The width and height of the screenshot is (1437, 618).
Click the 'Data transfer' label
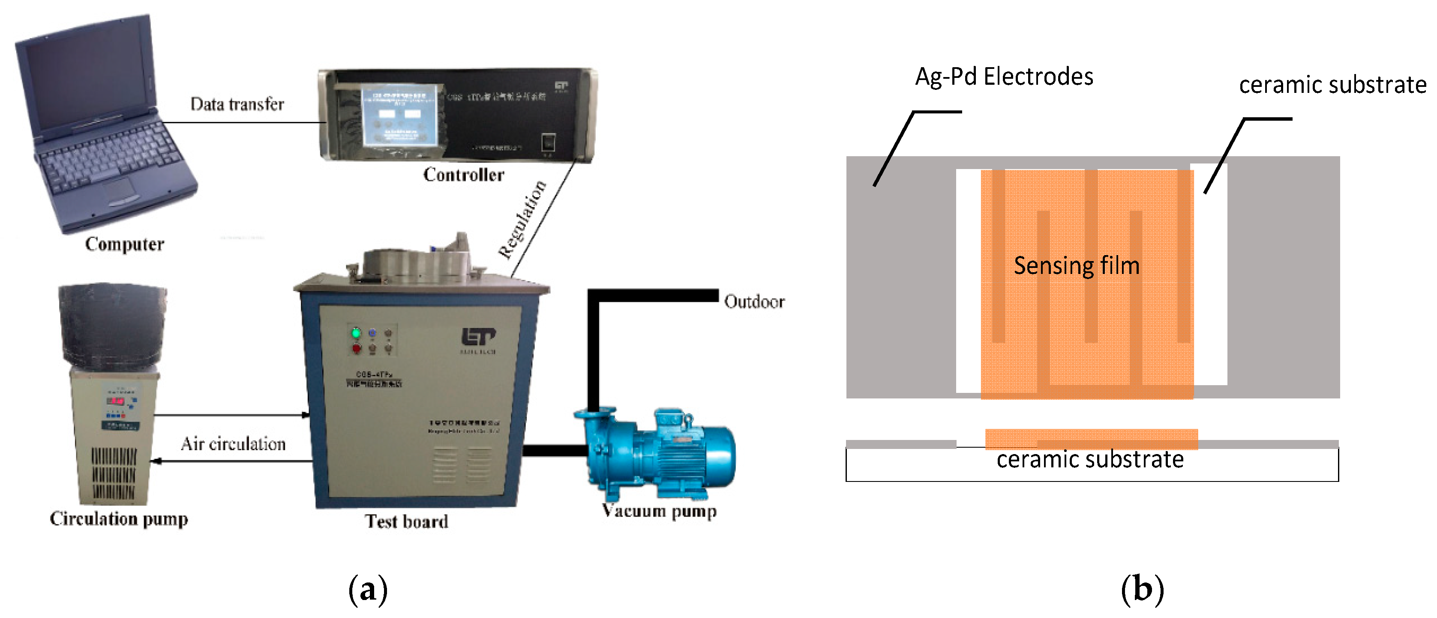coord(237,104)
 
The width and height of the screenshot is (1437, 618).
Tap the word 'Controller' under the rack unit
coord(464,175)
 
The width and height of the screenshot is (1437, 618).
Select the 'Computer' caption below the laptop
coord(124,244)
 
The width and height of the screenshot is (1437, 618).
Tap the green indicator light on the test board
coord(356,333)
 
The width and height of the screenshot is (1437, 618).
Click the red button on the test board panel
coord(356,349)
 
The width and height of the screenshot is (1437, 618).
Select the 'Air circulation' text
coord(233,444)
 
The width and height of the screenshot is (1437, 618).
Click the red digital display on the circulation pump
coord(115,401)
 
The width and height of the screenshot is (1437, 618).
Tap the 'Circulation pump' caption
coord(119,519)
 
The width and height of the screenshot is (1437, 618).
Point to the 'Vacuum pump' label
coord(660,511)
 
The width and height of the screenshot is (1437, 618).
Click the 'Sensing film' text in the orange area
coord(1076,266)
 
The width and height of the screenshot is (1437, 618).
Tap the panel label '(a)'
coord(368,590)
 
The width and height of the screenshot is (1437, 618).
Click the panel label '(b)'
coord(1142,590)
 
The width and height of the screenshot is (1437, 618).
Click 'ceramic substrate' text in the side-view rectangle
coord(1090,460)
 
